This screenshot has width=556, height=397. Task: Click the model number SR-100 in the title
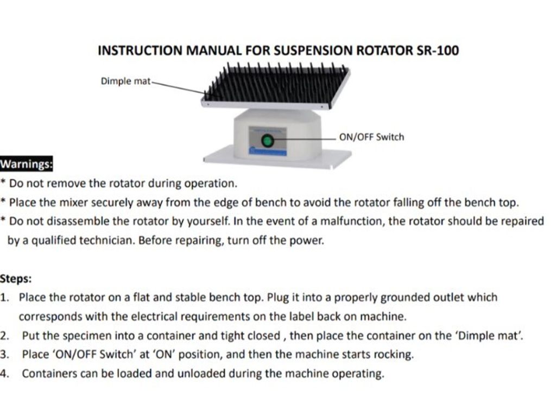pos(438,51)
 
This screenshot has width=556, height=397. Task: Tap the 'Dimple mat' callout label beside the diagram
pos(126,81)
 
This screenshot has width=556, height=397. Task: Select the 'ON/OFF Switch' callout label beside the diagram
pos(371,137)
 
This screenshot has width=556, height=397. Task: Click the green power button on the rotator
pos(268,141)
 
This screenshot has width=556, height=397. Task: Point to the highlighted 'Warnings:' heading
pos(26,164)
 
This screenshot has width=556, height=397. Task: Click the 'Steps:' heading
pos(16,279)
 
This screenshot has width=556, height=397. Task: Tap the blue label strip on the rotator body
pos(268,152)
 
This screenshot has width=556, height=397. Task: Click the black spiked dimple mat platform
pos(276,86)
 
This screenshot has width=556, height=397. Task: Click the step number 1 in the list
pos(4,297)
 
